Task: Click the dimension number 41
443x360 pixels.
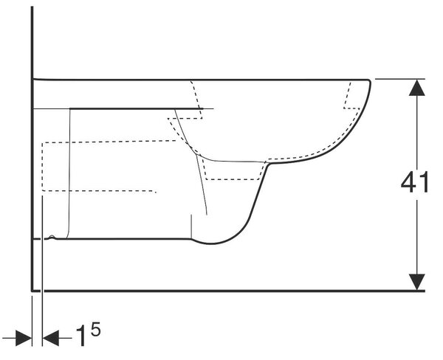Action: pyautogui.click(x=415, y=182)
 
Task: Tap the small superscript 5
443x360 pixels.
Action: pyautogui.click(x=95, y=329)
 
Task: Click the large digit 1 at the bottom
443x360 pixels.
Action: pyautogui.click(x=81, y=336)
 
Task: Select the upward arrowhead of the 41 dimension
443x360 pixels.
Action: pyautogui.click(x=417, y=88)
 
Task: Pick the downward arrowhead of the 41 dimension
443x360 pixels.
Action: pyautogui.click(x=417, y=282)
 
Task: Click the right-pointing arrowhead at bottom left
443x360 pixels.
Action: pyautogui.click(x=24, y=338)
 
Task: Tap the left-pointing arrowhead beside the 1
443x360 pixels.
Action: pyautogui.click(x=50, y=338)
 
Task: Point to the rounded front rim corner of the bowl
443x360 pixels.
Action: pyautogui.click(x=368, y=81)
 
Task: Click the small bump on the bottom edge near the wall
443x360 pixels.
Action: pyautogui.click(x=52, y=238)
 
